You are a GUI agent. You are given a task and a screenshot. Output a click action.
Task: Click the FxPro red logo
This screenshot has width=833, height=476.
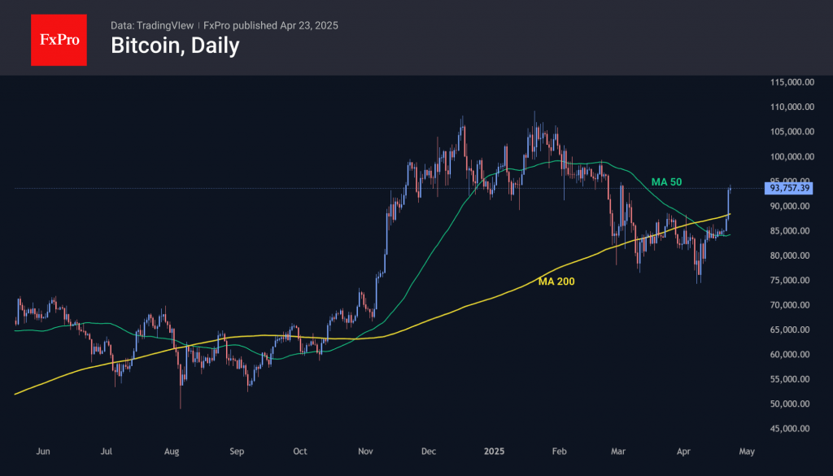(x=59, y=38)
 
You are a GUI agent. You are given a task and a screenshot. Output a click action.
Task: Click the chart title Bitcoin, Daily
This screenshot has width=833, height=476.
(x=175, y=46)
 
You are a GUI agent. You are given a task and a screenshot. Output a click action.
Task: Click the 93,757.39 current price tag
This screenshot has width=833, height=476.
(x=788, y=188)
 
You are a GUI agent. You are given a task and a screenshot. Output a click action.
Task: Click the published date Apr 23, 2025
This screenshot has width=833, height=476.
(x=309, y=25)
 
